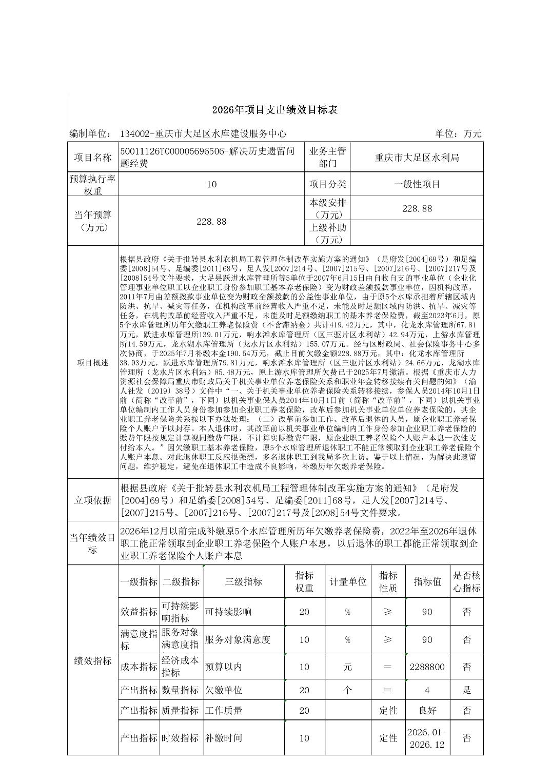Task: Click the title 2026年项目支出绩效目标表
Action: pos(275,110)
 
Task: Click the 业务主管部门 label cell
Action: pos(327,157)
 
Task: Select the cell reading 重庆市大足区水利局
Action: pos(417,157)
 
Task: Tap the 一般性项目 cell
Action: pos(417,184)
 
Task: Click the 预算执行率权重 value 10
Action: pos(211,184)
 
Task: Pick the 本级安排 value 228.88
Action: pos(417,208)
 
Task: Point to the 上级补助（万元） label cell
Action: pos(327,233)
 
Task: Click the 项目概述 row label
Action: pos(93,363)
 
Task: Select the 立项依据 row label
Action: pos(93,500)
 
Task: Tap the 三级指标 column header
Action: pos(243,581)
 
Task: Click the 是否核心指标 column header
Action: pos(466,581)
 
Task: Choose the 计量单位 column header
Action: pos(348,581)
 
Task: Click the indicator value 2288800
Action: pos(427,667)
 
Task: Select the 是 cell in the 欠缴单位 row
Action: pos(466,690)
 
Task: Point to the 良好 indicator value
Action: pos(427,710)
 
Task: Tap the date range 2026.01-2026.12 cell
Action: pos(427,738)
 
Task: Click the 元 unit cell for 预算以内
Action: pos(348,667)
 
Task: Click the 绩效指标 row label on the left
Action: pos(93,661)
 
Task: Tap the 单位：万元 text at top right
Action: pos(458,134)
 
